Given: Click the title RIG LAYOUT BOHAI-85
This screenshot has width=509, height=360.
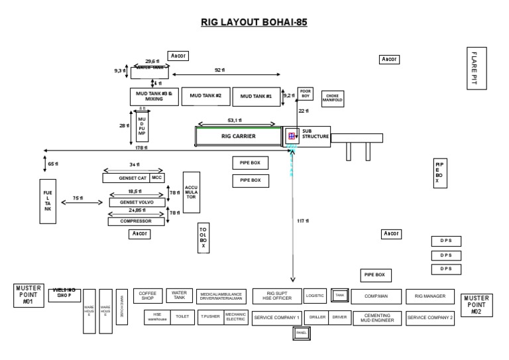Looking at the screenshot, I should click(x=254, y=22).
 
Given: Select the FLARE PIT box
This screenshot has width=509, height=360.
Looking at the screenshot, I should click(x=476, y=68).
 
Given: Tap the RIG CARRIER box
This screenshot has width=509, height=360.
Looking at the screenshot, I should click(x=238, y=136).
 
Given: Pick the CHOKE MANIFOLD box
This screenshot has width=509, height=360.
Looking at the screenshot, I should click(x=332, y=99).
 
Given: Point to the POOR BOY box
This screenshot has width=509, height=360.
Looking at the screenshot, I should click(x=305, y=93).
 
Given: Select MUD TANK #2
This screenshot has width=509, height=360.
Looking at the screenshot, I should click(x=205, y=96).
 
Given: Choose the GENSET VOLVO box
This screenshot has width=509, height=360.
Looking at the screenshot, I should click(x=136, y=202).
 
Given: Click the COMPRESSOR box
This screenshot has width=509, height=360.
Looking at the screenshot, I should click(x=136, y=221).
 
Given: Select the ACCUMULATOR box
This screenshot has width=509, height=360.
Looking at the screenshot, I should click(x=191, y=192).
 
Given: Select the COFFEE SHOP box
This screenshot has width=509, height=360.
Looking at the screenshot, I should click(x=148, y=296).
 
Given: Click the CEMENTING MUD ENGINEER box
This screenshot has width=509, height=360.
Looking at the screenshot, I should click(x=376, y=318).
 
